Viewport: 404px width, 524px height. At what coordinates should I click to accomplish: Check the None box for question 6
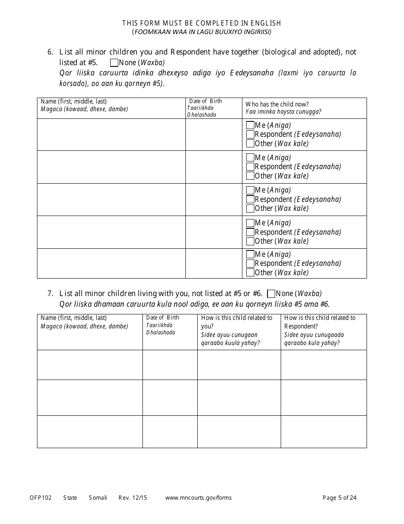[114, 63]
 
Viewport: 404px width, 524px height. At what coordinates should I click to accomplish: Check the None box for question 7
[271, 294]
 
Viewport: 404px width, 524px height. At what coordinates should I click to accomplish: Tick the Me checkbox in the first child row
[250, 125]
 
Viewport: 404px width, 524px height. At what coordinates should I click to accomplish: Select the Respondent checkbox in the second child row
[250, 167]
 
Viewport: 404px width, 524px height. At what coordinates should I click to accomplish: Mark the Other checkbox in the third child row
[250, 208]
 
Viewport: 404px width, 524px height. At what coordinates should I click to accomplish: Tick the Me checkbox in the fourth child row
[250, 223]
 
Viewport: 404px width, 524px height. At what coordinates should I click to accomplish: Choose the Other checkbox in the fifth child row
[250, 273]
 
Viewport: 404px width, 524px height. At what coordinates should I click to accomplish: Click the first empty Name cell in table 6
[111, 135]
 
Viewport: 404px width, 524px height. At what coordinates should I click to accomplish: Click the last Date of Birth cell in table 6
[213, 263]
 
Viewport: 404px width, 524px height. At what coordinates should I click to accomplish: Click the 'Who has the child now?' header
[277, 104]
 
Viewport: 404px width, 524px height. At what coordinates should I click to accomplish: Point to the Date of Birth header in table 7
[162, 318]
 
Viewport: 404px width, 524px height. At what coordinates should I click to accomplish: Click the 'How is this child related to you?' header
[237, 322]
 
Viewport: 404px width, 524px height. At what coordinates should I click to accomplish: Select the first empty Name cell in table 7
[90, 365]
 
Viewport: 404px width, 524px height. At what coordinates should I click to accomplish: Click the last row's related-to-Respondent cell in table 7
[324, 432]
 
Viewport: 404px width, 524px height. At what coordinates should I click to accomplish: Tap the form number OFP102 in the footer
[41, 498]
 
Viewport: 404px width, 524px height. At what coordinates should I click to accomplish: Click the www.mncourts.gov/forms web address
[199, 498]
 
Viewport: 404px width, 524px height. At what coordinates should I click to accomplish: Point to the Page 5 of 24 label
[339, 498]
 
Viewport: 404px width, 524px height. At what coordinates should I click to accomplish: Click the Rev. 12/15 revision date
[133, 498]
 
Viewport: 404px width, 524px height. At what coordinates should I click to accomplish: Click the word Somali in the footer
[98, 498]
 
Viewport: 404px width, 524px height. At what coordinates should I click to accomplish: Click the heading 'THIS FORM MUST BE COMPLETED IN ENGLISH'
[202, 23]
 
